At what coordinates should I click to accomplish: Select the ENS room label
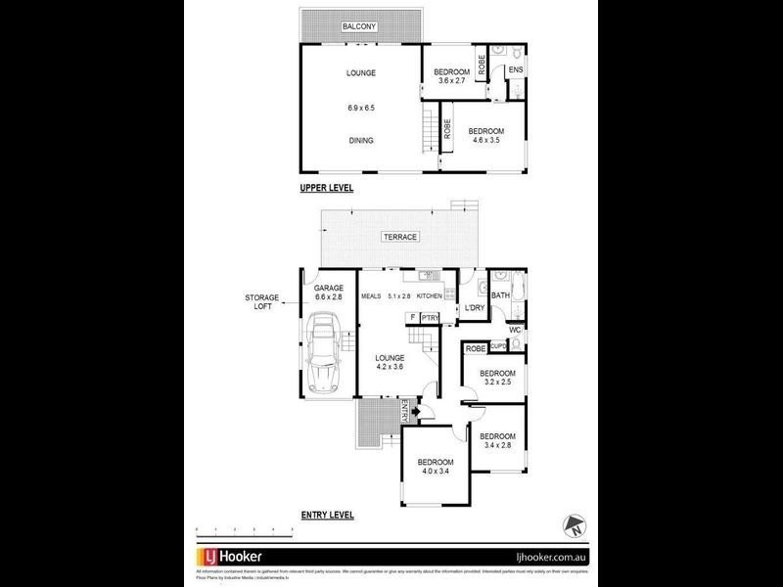click(x=516, y=70)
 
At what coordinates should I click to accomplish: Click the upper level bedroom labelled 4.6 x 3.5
click(x=485, y=136)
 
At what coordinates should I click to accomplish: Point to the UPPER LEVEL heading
click(x=326, y=187)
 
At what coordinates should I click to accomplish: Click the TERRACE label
click(x=400, y=237)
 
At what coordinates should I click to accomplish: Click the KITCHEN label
click(x=431, y=295)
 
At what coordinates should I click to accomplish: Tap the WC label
click(x=515, y=331)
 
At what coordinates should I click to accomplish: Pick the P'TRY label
click(x=430, y=317)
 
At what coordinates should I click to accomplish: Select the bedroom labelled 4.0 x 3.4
click(x=436, y=467)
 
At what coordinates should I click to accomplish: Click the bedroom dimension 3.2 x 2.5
click(x=497, y=384)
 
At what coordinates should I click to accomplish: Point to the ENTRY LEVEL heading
click(x=326, y=515)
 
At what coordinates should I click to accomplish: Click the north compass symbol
click(x=575, y=523)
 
